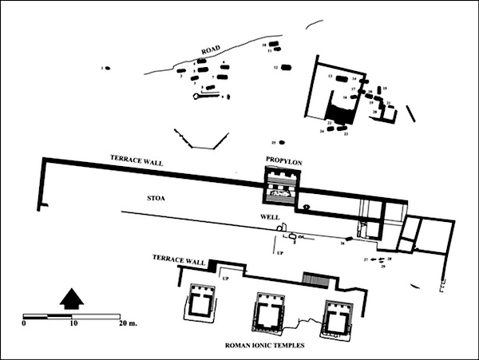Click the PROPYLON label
[x=283, y=161]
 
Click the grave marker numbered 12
[x=286, y=68]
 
